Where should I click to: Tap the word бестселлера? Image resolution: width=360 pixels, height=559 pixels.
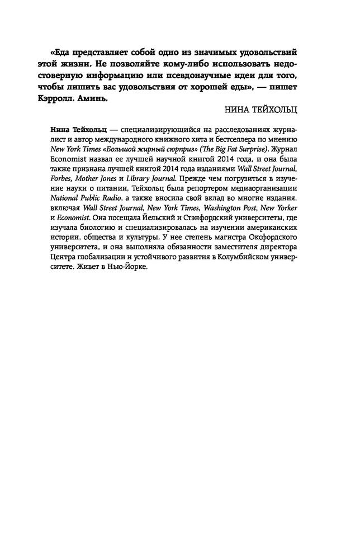pyautogui.click(x=240, y=139)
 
